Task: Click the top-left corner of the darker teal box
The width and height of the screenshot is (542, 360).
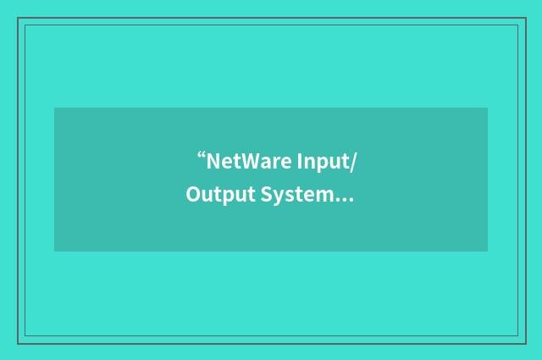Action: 54,108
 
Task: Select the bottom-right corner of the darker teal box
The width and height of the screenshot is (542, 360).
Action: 488,252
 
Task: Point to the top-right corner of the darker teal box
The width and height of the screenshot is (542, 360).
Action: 488,108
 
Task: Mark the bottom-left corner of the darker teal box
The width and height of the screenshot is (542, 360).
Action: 54,252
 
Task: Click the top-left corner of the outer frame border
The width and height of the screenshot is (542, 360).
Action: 18,18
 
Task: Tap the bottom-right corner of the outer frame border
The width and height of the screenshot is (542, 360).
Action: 524,343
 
